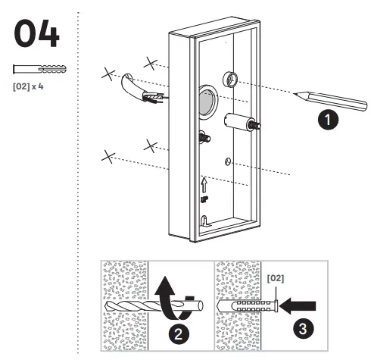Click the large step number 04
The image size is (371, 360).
[37, 35]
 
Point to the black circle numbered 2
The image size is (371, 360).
[175, 332]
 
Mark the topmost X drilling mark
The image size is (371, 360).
[151, 60]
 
